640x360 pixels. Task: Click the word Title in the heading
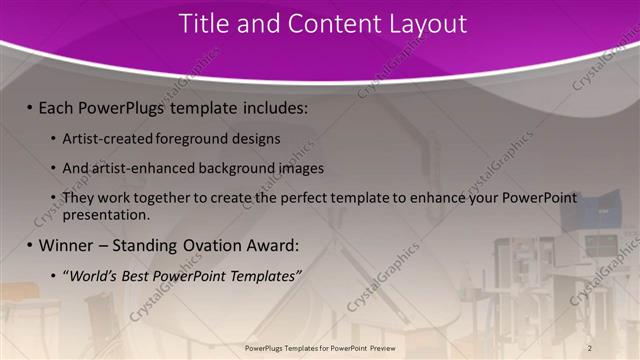tap(203, 24)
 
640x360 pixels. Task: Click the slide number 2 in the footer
tap(589, 347)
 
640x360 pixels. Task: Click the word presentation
tap(105, 214)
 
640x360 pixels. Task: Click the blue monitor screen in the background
tap(604, 213)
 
